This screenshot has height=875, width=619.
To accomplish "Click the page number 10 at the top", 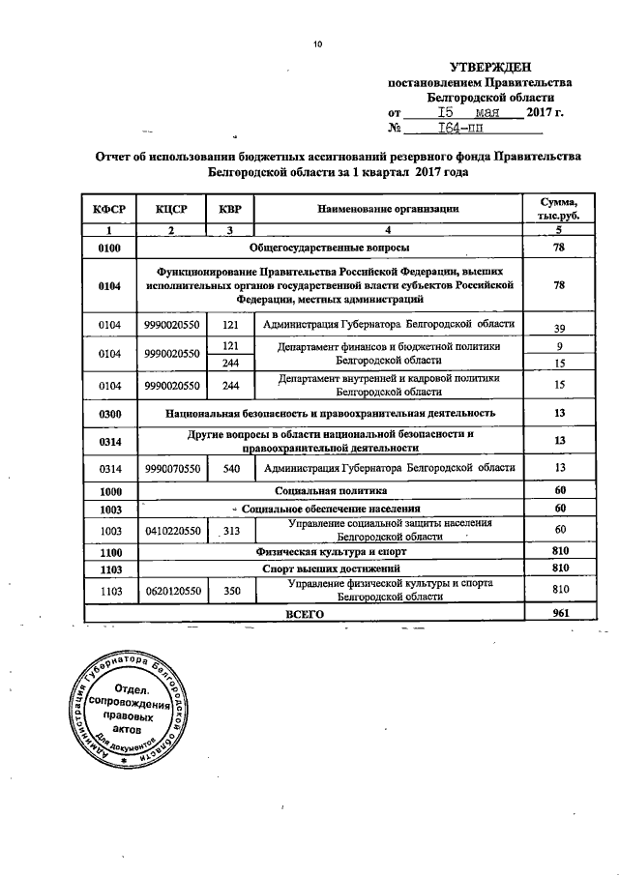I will coord(316,43).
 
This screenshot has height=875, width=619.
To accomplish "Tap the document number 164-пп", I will coord(461,128).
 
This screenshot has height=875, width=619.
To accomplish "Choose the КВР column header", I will coord(230,209).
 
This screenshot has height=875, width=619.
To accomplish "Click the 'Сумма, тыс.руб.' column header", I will coord(558,208).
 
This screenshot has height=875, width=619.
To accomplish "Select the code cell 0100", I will coord(110,248).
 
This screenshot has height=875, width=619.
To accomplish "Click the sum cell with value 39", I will coord(558,328).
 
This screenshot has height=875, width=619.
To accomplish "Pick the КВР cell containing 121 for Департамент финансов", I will coord(230,346).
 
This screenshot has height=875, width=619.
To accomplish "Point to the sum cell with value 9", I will coord(558,346).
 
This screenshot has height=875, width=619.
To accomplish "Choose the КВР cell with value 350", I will coord(230,590).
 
